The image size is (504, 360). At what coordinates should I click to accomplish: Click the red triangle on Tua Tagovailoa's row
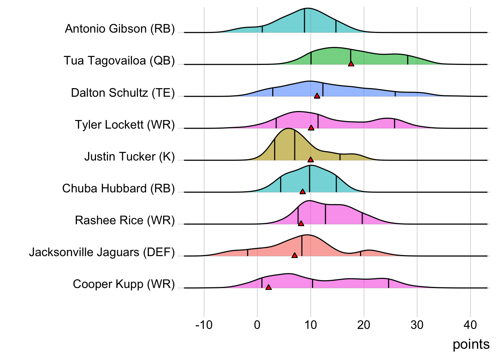coord(351,64)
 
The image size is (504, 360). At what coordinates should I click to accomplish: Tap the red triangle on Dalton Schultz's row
coord(317,96)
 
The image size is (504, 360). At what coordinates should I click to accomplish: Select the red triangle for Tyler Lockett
coord(311,128)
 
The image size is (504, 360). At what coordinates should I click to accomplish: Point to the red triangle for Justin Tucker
coord(310,160)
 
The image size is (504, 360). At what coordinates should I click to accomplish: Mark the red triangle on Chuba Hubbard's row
coord(303,192)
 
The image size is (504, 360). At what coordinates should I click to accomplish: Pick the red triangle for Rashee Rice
coord(301,223)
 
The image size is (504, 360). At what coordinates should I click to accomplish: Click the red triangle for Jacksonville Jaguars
coord(294,255)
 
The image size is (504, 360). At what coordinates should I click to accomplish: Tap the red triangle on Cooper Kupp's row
coord(268,287)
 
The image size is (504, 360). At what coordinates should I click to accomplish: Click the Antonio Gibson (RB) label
coord(120,29)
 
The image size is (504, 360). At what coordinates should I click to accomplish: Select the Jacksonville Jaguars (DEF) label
coord(102,252)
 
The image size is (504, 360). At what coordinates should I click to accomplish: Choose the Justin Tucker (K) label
coord(129,156)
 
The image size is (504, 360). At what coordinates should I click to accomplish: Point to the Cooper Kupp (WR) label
coord(124,284)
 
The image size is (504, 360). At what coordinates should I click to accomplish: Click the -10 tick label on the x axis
coord(204,325)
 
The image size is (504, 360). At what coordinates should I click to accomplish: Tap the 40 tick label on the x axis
coord(470,325)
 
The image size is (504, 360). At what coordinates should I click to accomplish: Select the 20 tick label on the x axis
coord(364,325)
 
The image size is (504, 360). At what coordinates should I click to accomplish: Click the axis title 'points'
coord(471,344)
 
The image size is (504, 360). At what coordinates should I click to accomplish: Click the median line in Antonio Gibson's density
coord(304,21)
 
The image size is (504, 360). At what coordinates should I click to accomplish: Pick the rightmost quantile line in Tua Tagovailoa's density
coord(408,60)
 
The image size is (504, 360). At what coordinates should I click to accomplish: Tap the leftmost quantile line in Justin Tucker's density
coord(275,150)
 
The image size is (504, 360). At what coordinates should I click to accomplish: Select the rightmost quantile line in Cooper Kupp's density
coord(388,283)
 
